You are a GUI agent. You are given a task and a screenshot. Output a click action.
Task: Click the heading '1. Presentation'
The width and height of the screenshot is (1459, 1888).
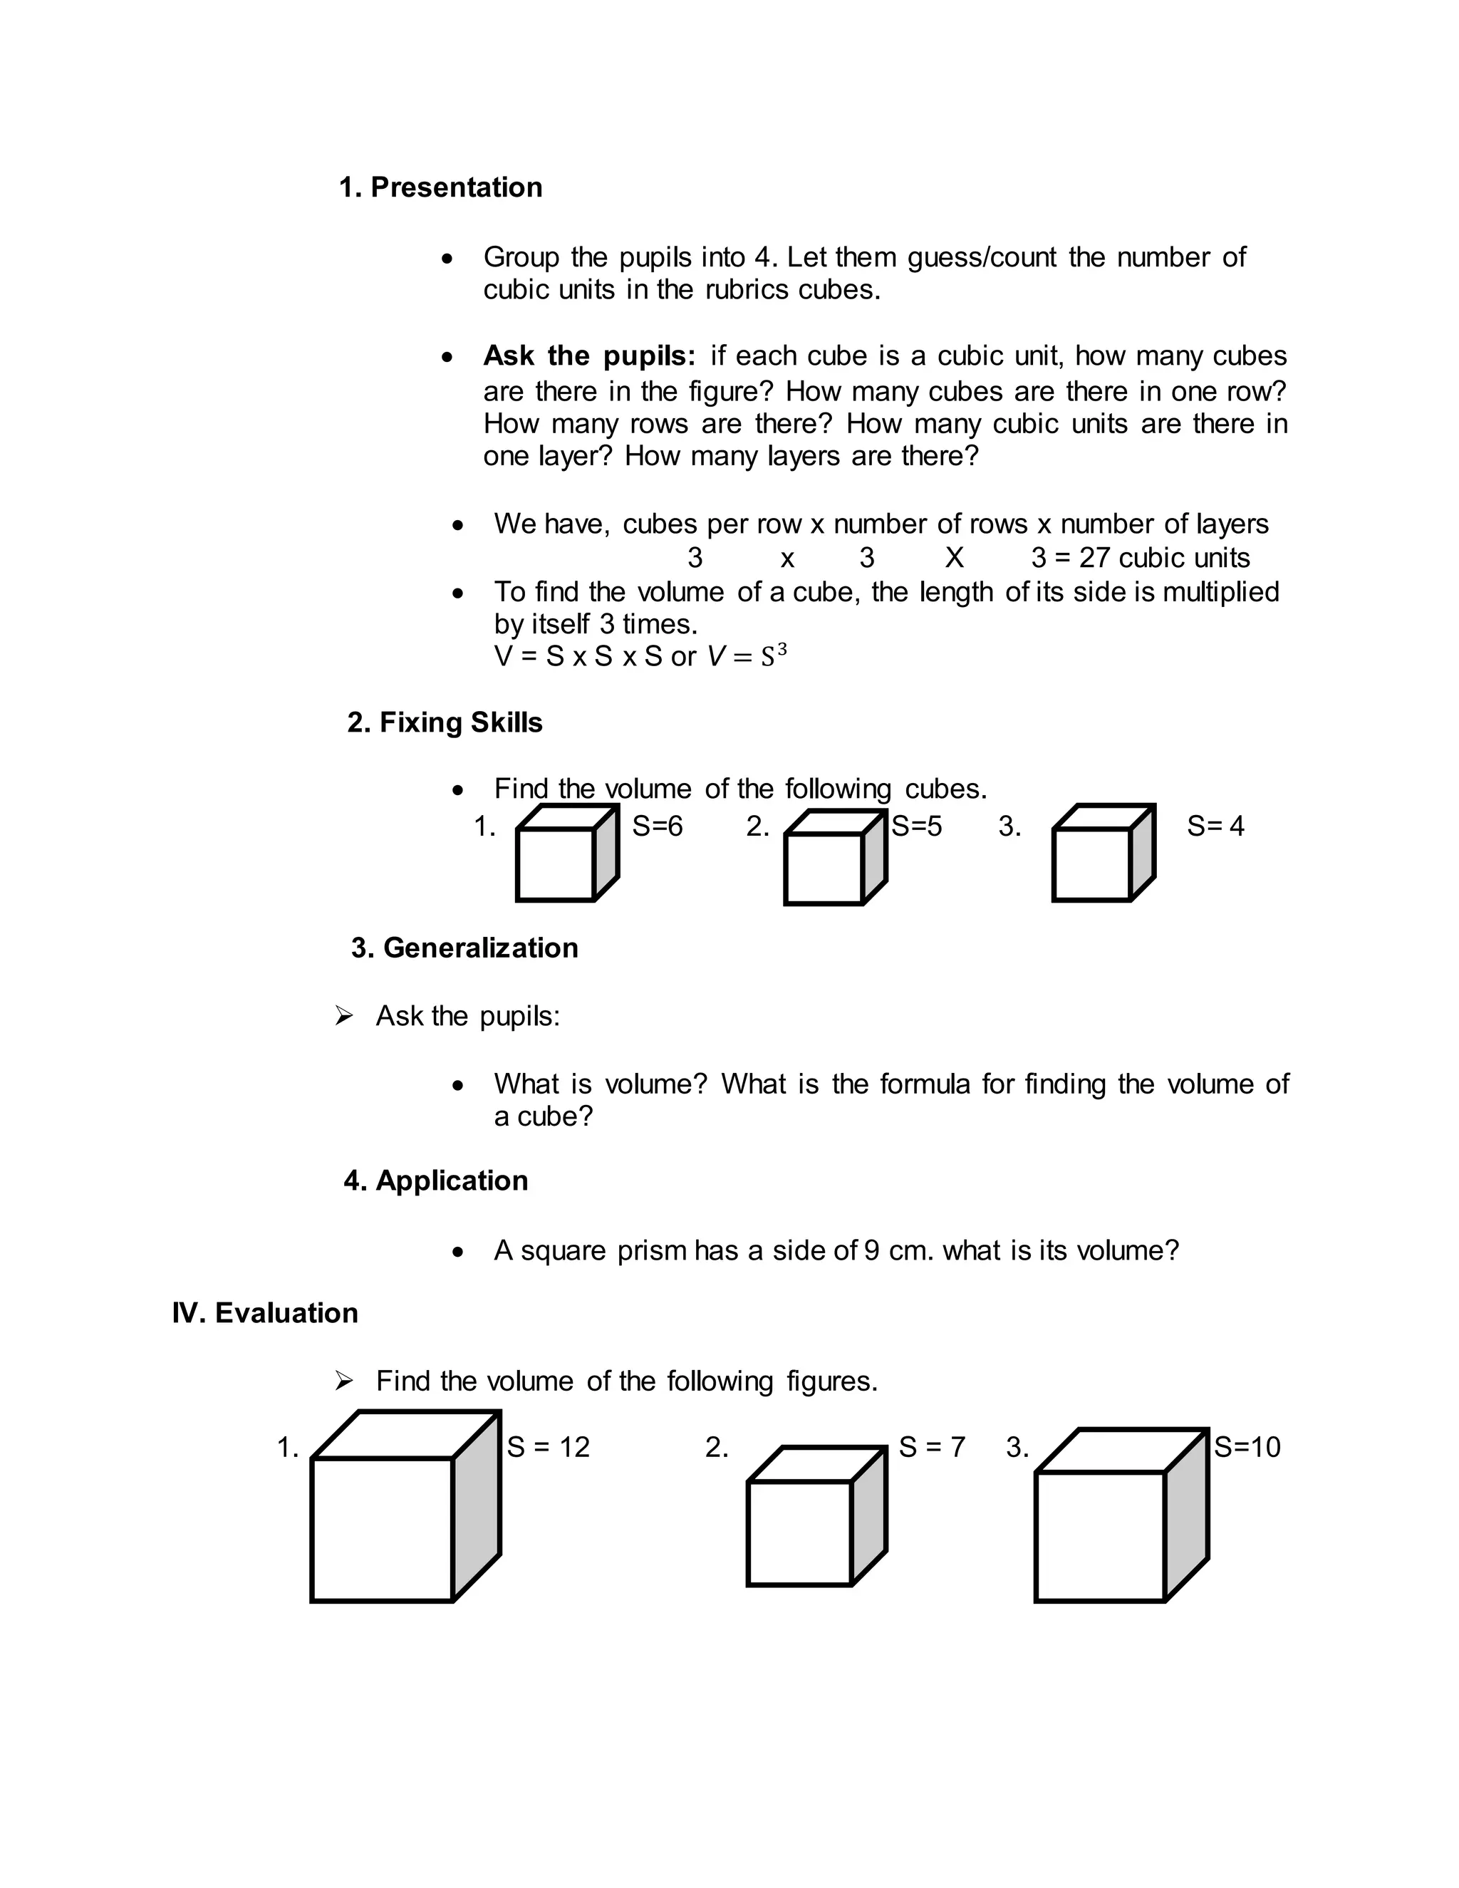(x=440, y=187)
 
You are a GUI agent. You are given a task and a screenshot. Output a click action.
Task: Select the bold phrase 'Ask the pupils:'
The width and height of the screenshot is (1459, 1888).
(x=588, y=356)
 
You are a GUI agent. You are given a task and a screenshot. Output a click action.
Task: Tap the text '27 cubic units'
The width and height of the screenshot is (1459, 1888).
(x=1163, y=558)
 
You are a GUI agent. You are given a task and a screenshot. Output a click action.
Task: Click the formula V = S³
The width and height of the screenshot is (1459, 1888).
(x=747, y=656)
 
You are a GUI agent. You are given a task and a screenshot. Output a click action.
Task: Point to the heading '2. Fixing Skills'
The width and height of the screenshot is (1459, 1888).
(x=445, y=722)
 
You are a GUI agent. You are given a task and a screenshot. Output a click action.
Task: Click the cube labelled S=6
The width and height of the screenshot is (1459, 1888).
(x=566, y=854)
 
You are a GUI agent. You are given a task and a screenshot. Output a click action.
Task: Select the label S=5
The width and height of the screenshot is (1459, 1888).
(x=916, y=826)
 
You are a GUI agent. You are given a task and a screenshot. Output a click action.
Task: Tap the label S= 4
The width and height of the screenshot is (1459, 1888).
(x=1215, y=826)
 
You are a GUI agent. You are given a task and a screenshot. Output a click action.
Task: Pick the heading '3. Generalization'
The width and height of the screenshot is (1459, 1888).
(x=464, y=948)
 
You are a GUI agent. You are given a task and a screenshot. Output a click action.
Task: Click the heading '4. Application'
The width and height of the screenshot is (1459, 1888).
(x=435, y=1180)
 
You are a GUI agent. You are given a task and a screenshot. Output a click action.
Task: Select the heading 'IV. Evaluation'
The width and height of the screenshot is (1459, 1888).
(x=264, y=1312)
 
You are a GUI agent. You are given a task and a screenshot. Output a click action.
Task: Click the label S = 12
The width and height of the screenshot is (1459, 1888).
(x=548, y=1447)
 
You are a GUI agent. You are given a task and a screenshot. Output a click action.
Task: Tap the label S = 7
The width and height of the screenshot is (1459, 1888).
(x=931, y=1447)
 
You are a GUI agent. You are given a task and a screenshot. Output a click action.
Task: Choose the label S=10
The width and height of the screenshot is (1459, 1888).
(x=1247, y=1447)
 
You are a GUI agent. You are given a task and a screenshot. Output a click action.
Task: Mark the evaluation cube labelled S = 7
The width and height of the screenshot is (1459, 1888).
(x=815, y=1518)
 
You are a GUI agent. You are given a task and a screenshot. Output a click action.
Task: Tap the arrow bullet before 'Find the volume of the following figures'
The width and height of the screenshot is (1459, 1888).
(x=344, y=1381)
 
